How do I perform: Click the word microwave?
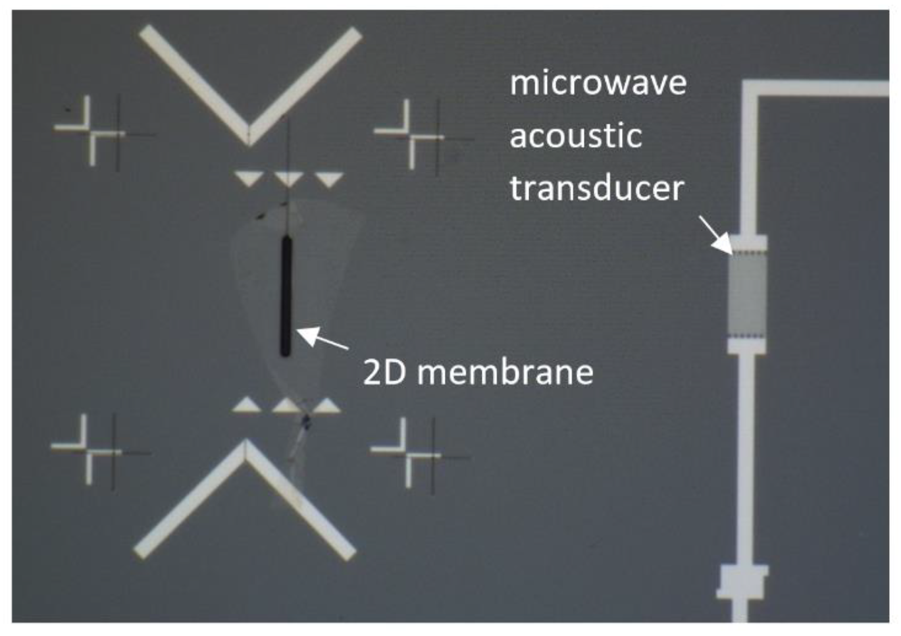tap(598, 84)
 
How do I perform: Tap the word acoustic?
tap(575, 136)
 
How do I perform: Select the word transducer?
tap(597, 188)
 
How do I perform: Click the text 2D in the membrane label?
tap(383, 372)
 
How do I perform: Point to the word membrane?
tap(505, 372)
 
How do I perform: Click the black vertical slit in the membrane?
tap(286, 296)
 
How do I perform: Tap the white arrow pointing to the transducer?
tap(715, 235)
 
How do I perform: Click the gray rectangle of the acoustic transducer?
tap(747, 294)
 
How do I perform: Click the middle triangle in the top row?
tap(288, 178)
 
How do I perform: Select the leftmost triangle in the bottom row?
tap(247, 405)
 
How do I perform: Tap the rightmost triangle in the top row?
tap(328, 178)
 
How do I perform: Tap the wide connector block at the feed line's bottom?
tap(742, 581)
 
